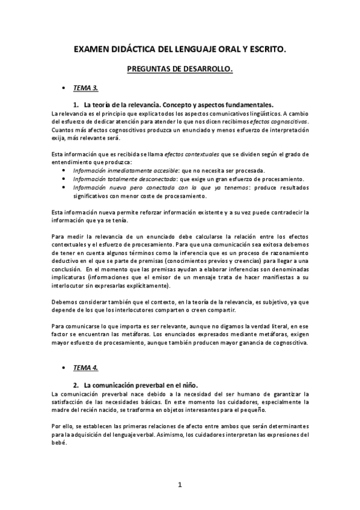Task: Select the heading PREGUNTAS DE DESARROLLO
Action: click(x=180, y=69)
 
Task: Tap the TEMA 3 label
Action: click(x=85, y=88)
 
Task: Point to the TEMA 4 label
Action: click(x=85, y=367)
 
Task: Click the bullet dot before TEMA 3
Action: click(x=64, y=88)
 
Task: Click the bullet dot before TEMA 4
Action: click(x=64, y=367)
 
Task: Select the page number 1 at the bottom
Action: click(x=180, y=485)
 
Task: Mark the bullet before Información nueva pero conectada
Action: click(x=64, y=187)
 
